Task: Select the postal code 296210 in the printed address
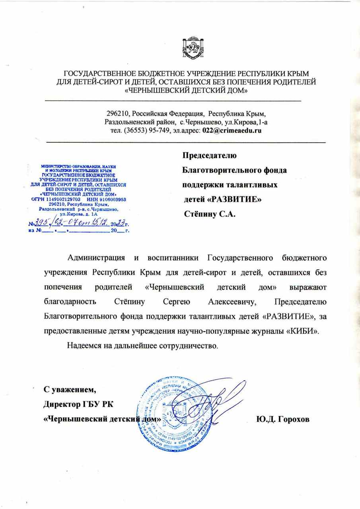click(x=118, y=113)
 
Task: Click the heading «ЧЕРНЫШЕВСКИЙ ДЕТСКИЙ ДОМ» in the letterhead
click(x=186, y=91)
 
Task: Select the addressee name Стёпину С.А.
click(x=209, y=214)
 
